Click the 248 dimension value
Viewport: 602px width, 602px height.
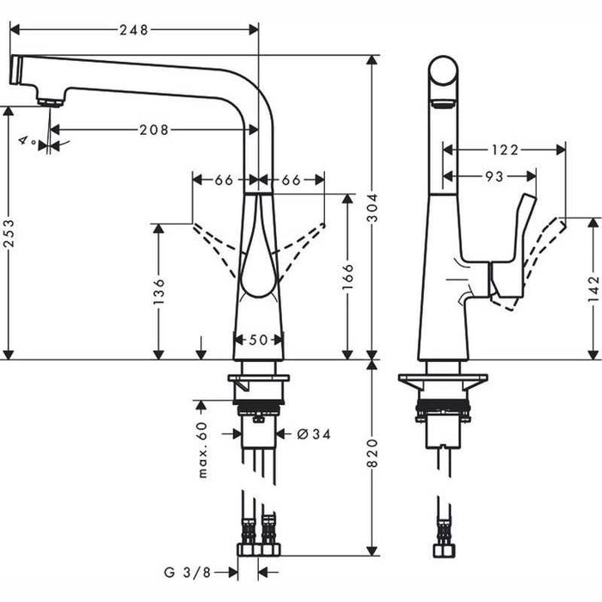click(x=134, y=30)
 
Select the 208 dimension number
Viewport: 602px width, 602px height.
click(x=154, y=130)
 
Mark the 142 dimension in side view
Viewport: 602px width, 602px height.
click(x=593, y=293)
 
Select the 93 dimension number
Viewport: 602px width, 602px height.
click(x=494, y=175)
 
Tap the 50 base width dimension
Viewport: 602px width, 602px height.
click(x=259, y=340)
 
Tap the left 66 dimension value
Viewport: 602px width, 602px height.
click(x=224, y=180)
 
